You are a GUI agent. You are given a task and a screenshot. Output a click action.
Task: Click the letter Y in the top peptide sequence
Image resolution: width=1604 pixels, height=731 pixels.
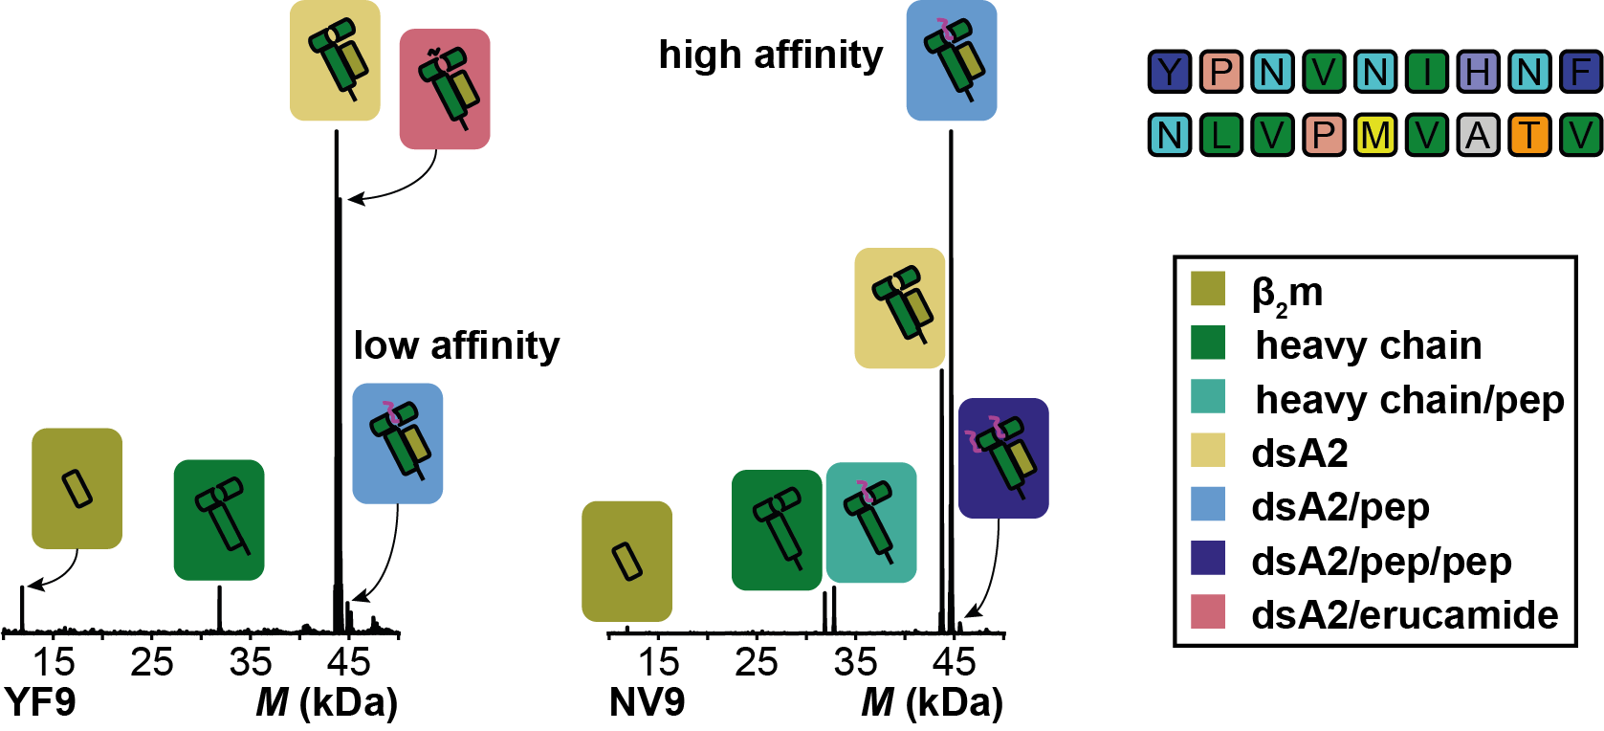1170,72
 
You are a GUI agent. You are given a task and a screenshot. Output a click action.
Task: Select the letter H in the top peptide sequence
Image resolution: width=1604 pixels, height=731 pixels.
1478,72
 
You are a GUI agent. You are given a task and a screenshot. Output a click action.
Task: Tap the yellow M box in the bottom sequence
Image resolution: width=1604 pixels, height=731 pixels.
1375,135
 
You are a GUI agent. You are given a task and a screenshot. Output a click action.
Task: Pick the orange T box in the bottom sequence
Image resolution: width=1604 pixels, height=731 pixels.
1529,135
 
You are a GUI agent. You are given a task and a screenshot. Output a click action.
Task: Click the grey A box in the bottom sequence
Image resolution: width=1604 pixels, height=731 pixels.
1478,135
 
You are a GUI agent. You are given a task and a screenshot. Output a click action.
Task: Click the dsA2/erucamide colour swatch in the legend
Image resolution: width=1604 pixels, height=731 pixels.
1208,612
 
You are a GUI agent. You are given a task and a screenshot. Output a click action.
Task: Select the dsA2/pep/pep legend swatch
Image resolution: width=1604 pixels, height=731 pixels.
1208,559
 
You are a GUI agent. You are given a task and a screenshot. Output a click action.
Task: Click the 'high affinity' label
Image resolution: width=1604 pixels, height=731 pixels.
771,55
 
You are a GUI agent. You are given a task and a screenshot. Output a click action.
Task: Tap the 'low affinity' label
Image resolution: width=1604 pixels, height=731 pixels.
456,345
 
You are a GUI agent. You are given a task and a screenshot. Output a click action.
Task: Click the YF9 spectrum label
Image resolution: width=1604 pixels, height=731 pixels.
40,702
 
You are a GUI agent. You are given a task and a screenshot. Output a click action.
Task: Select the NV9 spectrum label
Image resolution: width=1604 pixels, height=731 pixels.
647,702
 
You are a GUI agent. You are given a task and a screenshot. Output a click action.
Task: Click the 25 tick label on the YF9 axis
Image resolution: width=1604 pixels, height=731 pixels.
152,662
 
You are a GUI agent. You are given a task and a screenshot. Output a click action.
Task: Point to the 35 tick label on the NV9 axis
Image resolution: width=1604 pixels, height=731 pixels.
855,662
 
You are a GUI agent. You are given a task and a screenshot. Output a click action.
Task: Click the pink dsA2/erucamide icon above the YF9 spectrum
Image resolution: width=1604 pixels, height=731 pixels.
445,89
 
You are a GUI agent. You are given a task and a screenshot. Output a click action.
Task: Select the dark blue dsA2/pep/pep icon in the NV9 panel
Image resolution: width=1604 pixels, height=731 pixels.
1003,458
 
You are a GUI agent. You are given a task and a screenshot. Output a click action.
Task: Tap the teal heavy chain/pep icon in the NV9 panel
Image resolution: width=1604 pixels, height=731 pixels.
871,522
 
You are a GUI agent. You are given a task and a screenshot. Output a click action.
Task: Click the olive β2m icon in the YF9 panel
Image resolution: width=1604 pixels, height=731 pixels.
77,489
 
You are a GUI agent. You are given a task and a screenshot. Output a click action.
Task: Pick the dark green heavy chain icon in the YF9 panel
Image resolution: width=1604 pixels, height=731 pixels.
219,520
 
